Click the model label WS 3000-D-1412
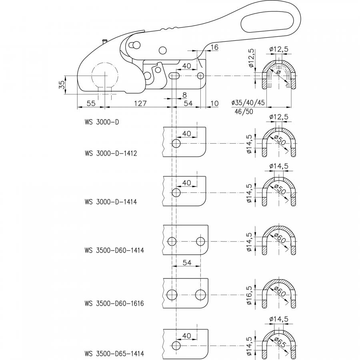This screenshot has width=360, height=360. tap(111, 153)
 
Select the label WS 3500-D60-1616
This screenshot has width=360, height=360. tap(114, 303)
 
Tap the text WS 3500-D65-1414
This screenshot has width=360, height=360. tap(114, 353)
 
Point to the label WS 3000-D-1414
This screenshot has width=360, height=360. tap(111, 202)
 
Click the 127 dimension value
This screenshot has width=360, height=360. tap(140, 103)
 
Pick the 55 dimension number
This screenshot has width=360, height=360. tap(91, 103)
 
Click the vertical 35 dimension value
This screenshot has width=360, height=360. tap(62, 85)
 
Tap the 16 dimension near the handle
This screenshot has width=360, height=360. tap(214, 47)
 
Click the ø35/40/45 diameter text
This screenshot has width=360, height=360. tap(248, 102)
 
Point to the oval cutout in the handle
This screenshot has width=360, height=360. tap(268, 22)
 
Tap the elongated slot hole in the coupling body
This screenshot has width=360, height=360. tap(175, 76)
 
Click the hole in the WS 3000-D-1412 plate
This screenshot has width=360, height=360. tap(176, 144)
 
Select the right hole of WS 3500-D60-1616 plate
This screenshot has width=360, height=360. tap(200, 295)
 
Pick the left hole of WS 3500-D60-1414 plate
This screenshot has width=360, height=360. tap(172, 241)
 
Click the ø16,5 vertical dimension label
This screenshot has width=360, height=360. tap(249, 295)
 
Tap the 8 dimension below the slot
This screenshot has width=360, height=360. tap(184, 95)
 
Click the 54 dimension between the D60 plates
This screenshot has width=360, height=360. tap(187, 262)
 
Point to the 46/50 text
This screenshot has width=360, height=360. tap(244, 112)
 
